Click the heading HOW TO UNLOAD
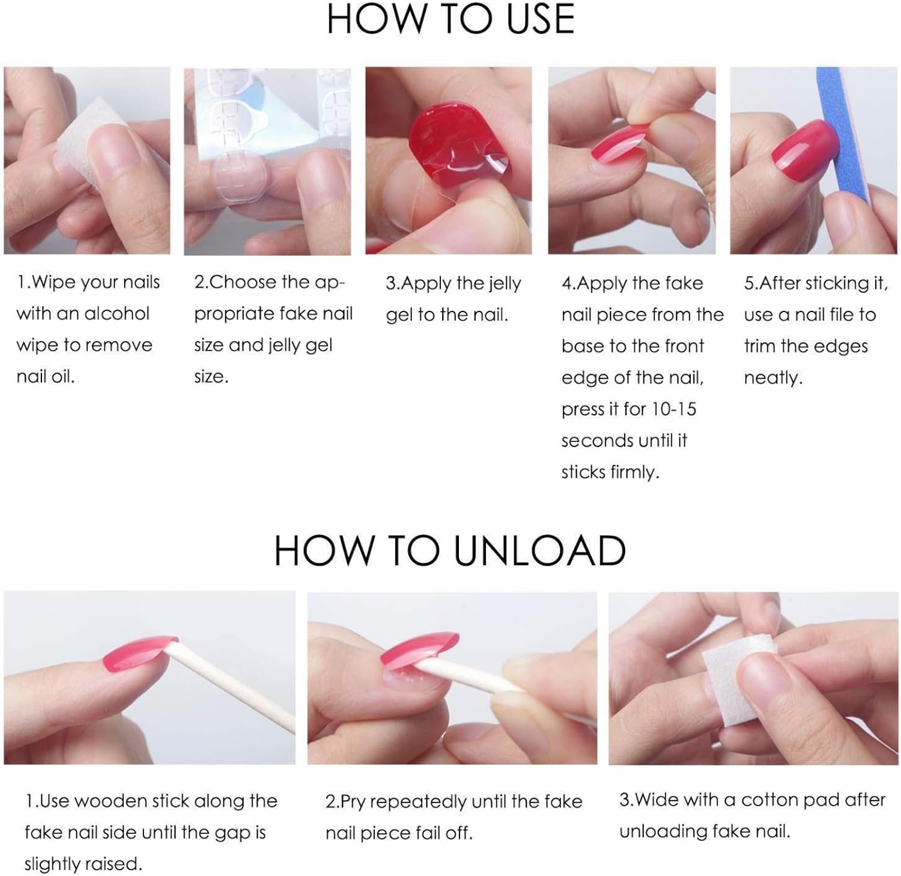tap(450, 550)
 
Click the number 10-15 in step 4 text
tap(674, 409)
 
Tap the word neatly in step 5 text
tap(773, 378)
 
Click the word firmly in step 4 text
tap(635, 472)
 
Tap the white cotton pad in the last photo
tap(739, 673)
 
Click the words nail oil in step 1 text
tap(46, 376)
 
